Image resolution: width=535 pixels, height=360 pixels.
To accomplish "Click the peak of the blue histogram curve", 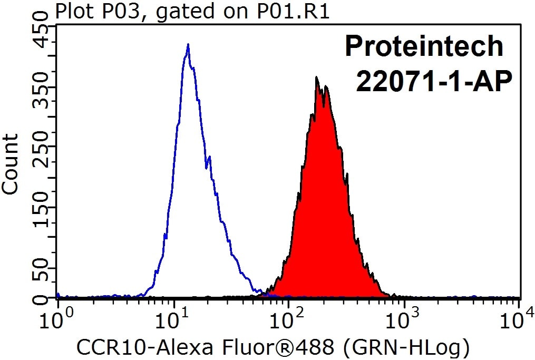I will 188,46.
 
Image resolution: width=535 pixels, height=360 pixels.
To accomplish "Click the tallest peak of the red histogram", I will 316,78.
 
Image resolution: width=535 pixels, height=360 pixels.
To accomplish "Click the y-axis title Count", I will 11,164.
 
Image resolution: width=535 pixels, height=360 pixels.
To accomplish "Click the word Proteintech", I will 424,46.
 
